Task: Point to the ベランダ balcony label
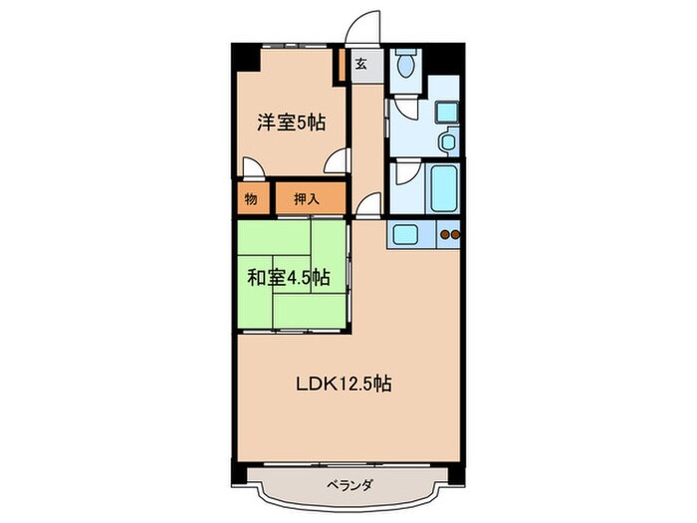pos(348,485)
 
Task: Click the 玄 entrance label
pos(360,64)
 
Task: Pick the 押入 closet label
pos(308,198)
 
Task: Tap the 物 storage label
pos(251,198)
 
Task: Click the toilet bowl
pos(404,67)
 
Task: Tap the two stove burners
pos(450,236)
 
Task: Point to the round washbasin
pos(447,142)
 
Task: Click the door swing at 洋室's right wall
pos(340,159)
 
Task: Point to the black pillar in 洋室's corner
pos(246,57)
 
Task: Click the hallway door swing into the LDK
pos(366,207)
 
